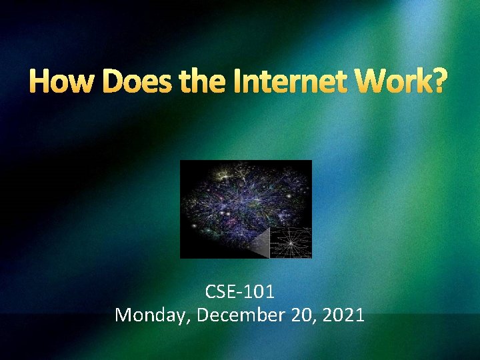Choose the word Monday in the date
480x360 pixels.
153,315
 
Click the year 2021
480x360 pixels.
343,315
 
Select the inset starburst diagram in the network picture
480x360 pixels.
291,241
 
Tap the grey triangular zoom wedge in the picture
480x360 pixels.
258,243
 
